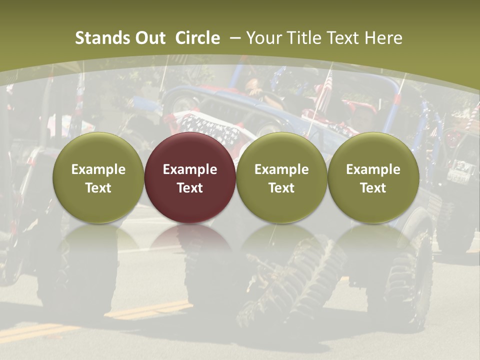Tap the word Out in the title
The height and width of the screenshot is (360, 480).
click(x=148, y=38)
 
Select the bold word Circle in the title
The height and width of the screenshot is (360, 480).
click(x=197, y=38)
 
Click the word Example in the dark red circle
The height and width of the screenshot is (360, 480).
click(x=190, y=169)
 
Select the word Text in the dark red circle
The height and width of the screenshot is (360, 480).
click(x=190, y=188)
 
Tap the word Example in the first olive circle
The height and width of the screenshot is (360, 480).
click(x=98, y=169)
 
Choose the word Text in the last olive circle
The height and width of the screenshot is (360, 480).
click(x=373, y=188)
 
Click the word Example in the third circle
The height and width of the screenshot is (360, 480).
click(x=281, y=169)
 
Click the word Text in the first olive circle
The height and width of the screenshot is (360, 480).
click(x=98, y=188)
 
